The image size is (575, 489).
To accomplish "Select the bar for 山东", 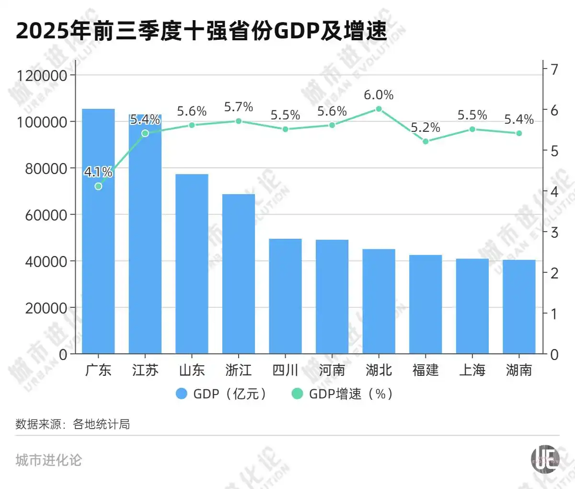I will [x=192, y=264].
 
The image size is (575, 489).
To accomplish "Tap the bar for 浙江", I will [x=239, y=274].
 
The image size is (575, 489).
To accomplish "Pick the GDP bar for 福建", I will [x=425, y=304].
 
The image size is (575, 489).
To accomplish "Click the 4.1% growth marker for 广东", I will [x=98, y=186].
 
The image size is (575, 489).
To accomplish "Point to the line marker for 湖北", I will [x=379, y=109].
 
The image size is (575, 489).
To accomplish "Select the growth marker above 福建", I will [x=425, y=141].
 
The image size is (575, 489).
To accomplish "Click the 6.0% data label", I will [x=379, y=95].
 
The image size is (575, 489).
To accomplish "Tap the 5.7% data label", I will [x=239, y=107].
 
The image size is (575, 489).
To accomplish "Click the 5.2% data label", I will [x=425, y=128].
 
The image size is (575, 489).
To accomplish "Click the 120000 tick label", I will [x=42, y=75].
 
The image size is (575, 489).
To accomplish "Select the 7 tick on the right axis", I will [x=554, y=70].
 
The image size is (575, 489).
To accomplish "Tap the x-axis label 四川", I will [x=285, y=370].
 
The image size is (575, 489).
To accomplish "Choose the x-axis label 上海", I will [x=472, y=370].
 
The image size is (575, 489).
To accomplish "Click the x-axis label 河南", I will [x=332, y=370].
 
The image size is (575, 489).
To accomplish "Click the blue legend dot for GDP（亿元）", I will [x=181, y=394].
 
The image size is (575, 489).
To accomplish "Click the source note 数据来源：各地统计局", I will [x=73, y=424].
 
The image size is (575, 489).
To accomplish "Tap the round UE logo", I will [x=545, y=459].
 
